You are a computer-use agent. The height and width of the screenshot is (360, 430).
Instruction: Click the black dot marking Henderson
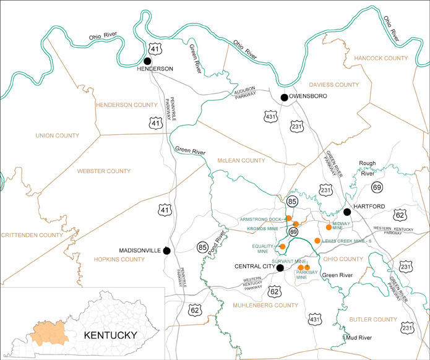coord(147,61)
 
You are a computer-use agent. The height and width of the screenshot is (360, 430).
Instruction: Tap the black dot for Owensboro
coord(284,97)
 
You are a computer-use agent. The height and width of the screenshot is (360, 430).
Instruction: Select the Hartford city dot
coord(347,212)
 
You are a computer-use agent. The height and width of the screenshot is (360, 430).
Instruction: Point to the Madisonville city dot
coord(166,251)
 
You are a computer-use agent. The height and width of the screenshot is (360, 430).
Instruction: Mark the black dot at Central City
coord(280,268)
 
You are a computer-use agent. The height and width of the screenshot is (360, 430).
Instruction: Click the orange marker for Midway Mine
coord(329,227)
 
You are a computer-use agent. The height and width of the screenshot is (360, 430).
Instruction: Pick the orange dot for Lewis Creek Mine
coord(317,240)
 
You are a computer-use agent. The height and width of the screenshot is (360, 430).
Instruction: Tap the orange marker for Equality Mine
coord(283,246)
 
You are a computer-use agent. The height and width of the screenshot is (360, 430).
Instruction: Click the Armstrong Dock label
coord(260,219)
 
